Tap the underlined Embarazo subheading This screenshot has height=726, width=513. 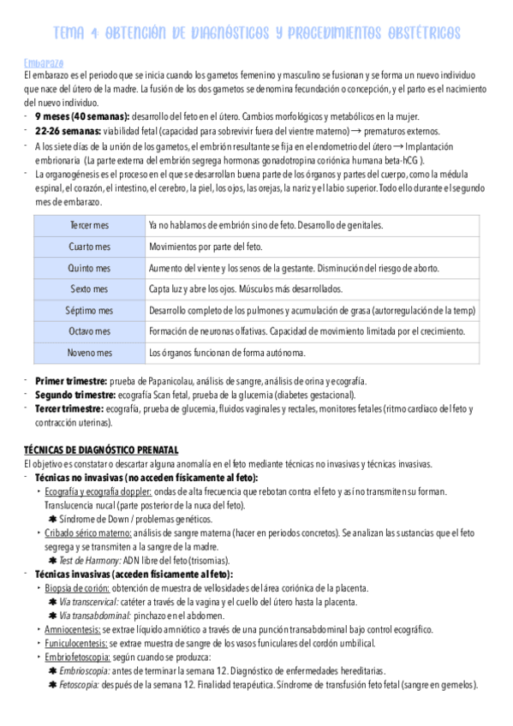tap(41, 62)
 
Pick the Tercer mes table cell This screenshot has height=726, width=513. tap(89, 225)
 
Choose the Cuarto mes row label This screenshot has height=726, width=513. tap(89, 247)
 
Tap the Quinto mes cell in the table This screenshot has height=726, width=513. tap(89, 268)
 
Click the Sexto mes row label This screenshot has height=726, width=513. tap(89, 289)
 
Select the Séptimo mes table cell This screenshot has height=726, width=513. tap(89, 310)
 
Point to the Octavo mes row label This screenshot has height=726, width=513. tap(89, 331)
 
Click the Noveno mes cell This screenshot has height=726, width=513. tap(89, 352)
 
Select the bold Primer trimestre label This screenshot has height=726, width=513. tap(71, 380)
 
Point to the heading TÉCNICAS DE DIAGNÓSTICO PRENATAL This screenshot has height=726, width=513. tap(101, 449)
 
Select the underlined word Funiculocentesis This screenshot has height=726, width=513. tap(76, 643)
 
